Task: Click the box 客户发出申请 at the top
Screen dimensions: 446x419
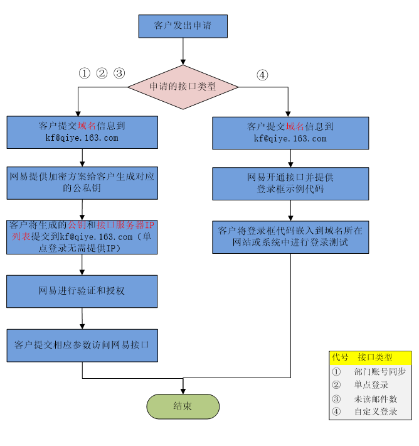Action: (x=183, y=26)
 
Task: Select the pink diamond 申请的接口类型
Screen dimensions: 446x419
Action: (x=183, y=87)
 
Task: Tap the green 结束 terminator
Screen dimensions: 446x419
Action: (x=183, y=406)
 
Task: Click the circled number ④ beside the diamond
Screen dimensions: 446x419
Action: (x=262, y=75)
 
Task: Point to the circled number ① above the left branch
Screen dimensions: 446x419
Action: (x=85, y=73)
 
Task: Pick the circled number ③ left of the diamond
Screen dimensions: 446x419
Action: (x=119, y=73)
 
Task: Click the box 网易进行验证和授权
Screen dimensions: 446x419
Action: (x=82, y=291)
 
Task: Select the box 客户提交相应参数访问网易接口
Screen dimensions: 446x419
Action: (x=82, y=345)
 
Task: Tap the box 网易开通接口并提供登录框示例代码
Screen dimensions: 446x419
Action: (x=290, y=183)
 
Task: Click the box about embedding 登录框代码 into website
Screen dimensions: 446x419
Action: (x=290, y=236)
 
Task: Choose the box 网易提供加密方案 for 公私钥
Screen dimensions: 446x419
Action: (x=82, y=182)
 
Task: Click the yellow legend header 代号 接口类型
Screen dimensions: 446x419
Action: (x=370, y=357)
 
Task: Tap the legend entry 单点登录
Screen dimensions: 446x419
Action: (x=371, y=385)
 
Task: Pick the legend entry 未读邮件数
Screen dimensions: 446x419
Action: (x=375, y=399)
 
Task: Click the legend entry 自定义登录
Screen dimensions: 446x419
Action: (x=375, y=412)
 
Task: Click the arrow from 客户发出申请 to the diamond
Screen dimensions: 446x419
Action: (x=183, y=51)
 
